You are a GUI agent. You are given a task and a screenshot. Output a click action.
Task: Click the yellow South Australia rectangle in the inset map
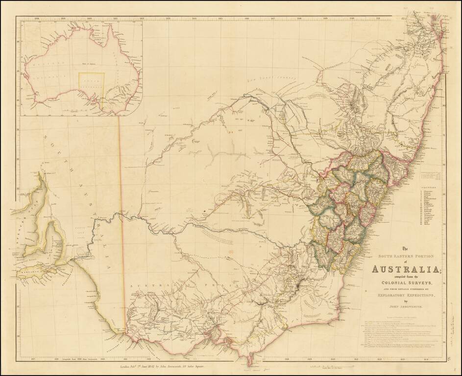(92, 84)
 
